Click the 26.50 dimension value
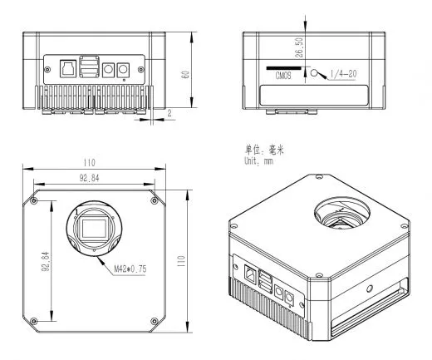point(299,47)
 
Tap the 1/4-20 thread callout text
point(343,74)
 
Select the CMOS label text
point(283,76)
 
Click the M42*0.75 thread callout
point(130,269)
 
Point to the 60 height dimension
point(185,74)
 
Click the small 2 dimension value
point(169,113)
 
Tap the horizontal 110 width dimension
point(89,163)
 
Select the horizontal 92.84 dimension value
point(89,178)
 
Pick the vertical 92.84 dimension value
point(46,261)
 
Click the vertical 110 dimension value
point(180,261)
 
